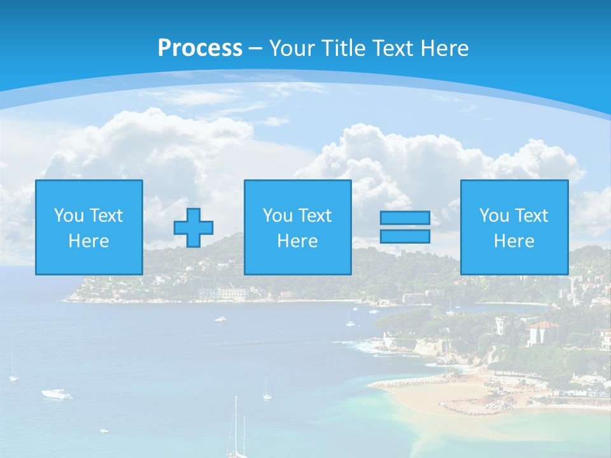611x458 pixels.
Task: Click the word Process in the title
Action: tap(200, 48)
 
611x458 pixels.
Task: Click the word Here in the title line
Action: tap(444, 48)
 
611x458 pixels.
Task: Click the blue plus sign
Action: tap(193, 228)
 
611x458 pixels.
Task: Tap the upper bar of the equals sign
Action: tap(405, 218)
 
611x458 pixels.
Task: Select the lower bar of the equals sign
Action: tap(405, 237)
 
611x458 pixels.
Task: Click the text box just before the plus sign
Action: tap(89, 227)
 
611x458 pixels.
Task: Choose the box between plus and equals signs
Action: tap(297, 227)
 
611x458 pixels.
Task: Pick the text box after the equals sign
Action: tap(514, 227)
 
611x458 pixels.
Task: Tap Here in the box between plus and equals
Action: tap(297, 241)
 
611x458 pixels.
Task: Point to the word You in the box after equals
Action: tap(494, 216)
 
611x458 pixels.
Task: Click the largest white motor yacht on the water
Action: tap(57, 394)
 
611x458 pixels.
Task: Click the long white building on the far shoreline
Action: tap(223, 293)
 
